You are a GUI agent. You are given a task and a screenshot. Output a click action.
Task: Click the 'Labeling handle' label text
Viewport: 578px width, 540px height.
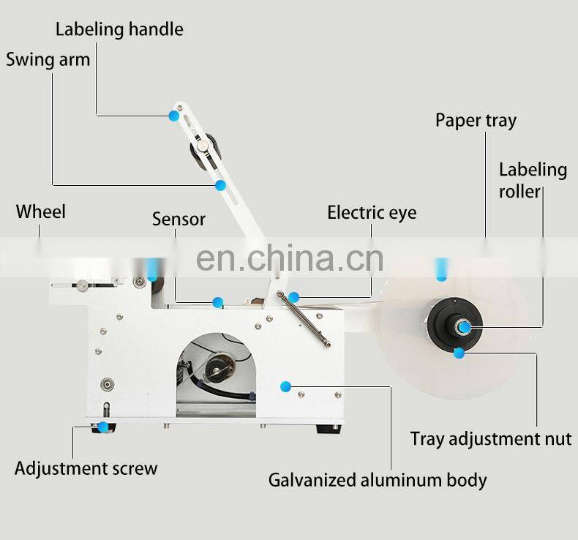tap(119, 30)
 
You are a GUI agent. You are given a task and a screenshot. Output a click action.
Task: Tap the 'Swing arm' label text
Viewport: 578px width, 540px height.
tap(48, 59)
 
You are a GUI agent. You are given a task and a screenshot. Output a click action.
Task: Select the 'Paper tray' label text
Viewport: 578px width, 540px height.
tap(476, 120)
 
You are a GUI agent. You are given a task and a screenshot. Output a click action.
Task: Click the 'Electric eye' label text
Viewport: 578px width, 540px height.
tap(372, 213)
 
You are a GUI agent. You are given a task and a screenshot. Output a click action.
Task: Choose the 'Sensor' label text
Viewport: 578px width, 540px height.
tap(179, 219)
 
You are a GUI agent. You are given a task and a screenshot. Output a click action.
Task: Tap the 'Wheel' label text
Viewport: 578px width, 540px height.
tap(41, 212)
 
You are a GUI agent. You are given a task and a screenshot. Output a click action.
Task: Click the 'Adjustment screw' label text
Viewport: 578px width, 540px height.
tap(86, 468)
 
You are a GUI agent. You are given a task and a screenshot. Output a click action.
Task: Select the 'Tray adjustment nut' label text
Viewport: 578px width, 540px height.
tap(491, 439)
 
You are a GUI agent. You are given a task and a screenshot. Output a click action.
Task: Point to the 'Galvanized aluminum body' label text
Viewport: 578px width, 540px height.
tap(378, 481)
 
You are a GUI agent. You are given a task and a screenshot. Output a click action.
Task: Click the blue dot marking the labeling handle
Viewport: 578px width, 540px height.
tap(174, 115)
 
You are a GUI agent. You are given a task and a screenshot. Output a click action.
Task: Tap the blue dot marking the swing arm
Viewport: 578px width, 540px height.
tap(220, 185)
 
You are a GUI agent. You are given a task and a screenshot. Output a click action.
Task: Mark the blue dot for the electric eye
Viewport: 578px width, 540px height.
tap(293, 296)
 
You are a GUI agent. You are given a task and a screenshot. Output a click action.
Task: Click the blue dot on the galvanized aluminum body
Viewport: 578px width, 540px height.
tap(286, 386)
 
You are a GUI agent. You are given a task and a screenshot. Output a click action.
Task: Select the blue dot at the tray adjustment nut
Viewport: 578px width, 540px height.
tap(459, 353)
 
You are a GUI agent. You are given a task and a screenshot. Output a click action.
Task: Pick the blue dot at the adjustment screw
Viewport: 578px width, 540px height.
tap(103, 426)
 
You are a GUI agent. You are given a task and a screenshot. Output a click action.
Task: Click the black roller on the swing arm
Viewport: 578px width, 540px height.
tap(201, 149)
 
